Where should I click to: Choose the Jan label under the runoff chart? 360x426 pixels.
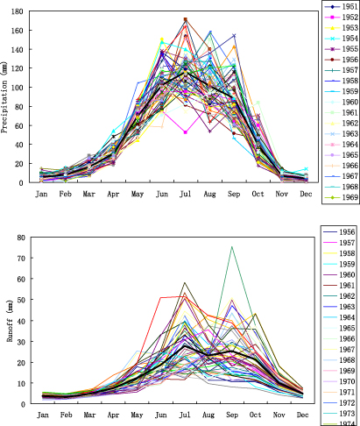click(x=41, y=415)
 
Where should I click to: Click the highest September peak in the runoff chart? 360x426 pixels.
click(x=231, y=246)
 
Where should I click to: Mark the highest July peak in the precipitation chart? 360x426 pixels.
click(x=185, y=19)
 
